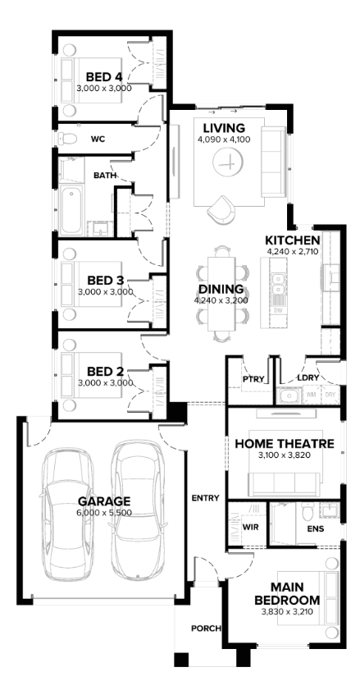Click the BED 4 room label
104,77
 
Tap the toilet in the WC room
67,139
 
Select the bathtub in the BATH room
71,211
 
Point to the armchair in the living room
221,210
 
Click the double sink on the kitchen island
277,284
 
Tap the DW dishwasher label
277,311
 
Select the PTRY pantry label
253,379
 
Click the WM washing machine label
311,395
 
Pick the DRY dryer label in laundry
330,395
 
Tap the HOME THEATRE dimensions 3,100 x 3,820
285,455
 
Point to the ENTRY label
205,498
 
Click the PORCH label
206,628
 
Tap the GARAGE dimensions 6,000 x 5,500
104,513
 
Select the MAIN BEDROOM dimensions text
287,612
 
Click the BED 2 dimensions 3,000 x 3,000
105,382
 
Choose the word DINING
221,290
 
